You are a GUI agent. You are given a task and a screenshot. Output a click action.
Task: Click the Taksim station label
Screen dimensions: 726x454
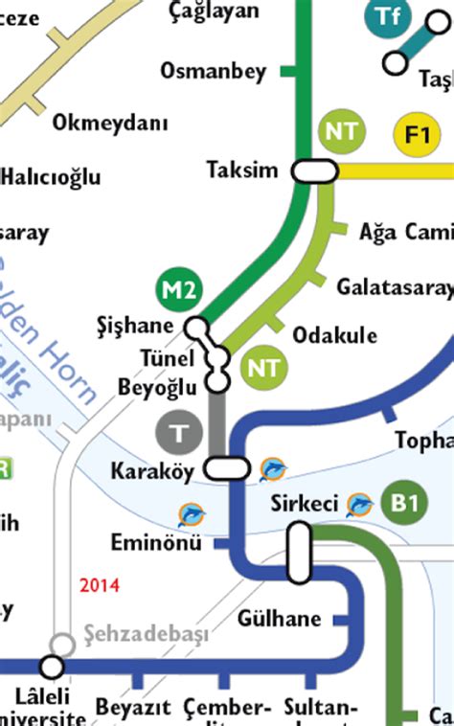[x=242, y=170]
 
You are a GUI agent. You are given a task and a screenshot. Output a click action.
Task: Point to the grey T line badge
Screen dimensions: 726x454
[x=178, y=434]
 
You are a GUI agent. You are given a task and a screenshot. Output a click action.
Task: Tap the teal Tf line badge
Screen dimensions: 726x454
[x=387, y=16]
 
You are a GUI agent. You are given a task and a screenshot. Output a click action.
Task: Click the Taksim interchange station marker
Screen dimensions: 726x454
[x=315, y=170]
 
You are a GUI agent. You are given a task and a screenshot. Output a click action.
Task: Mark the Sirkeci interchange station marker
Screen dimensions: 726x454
[x=300, y=553]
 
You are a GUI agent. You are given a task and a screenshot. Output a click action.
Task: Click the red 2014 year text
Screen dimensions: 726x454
[x=101, y=585]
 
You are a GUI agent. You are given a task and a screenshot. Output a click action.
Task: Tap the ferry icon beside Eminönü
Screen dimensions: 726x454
[x=192, y=515]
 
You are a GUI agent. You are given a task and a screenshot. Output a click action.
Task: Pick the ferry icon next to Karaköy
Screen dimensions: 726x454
[x=273, y=469]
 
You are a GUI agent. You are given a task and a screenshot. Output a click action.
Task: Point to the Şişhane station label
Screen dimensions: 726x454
[x=135, y=326]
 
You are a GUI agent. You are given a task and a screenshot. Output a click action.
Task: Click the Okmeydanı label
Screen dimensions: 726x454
[x=110, y=124]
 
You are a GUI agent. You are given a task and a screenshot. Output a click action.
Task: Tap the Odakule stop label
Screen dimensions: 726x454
[x=334, y=335]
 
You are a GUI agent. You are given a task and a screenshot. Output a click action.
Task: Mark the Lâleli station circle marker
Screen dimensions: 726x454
[x=52, y=667]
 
